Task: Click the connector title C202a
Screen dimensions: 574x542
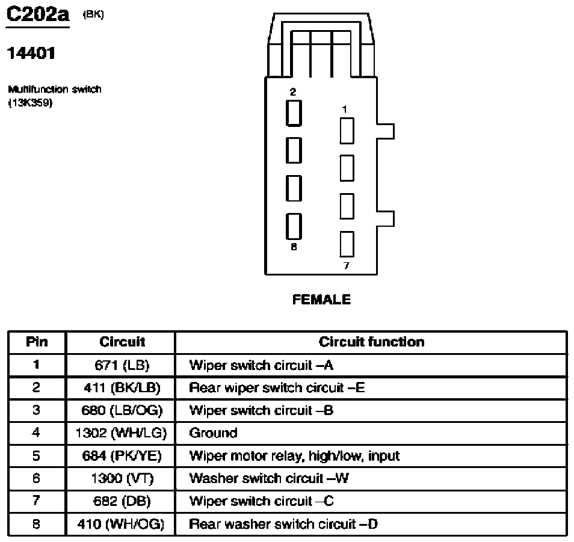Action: click(x=38, y=15)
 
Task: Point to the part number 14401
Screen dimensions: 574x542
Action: click(x=31, y=54)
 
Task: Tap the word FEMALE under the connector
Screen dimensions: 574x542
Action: click(x=321, y=300)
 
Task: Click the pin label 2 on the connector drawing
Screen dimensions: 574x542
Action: click(x=293, y=92)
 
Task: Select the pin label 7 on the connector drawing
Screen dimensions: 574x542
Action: click(x=347, y=266)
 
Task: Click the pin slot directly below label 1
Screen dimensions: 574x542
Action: click(x=347, y=131)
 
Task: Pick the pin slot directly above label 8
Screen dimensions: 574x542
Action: click(x=294, y=226)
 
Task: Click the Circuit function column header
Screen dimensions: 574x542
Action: click(x=372, y=342)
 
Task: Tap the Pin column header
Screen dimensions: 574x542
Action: click(x=37, y=342)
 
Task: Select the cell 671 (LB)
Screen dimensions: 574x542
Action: click(x=122, y=365)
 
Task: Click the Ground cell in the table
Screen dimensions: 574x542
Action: click(x=213, y=433)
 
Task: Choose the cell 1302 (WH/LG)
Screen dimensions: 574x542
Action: click(x=121, y=433)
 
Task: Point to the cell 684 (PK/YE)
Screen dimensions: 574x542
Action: click(x=122, y=456)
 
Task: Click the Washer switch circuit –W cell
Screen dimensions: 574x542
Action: click(x=269, y=478)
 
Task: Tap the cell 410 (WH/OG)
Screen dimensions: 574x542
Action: click(x=121, y=525)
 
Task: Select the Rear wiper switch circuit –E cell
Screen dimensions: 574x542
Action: click(x=277, y=388)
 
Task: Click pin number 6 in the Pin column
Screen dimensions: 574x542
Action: click(x=36, y=478)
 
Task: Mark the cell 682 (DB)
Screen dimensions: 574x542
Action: click(x=122, y=501)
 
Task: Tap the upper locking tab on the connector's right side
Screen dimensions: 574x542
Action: click(x=386, y=131)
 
